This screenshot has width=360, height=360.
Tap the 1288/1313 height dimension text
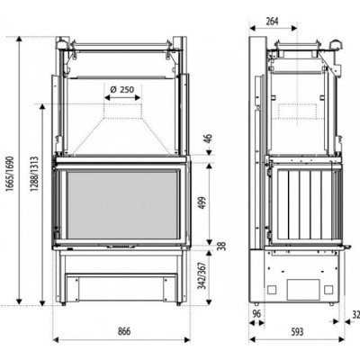click(x=34, y=175)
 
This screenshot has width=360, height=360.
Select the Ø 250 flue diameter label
click(x=121, y=89)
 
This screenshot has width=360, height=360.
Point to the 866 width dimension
click(x=124, y=331)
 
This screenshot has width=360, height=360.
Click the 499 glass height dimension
click(x=203, y=203)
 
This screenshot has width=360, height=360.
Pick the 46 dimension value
click(x=209, y=139)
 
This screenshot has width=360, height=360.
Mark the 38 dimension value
click(x=222, y=246)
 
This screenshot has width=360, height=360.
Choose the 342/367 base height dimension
click(x=203, y=276)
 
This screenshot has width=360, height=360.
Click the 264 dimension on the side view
click(x=272, y=22)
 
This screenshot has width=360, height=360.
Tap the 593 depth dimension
click(x=297, y=331)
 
